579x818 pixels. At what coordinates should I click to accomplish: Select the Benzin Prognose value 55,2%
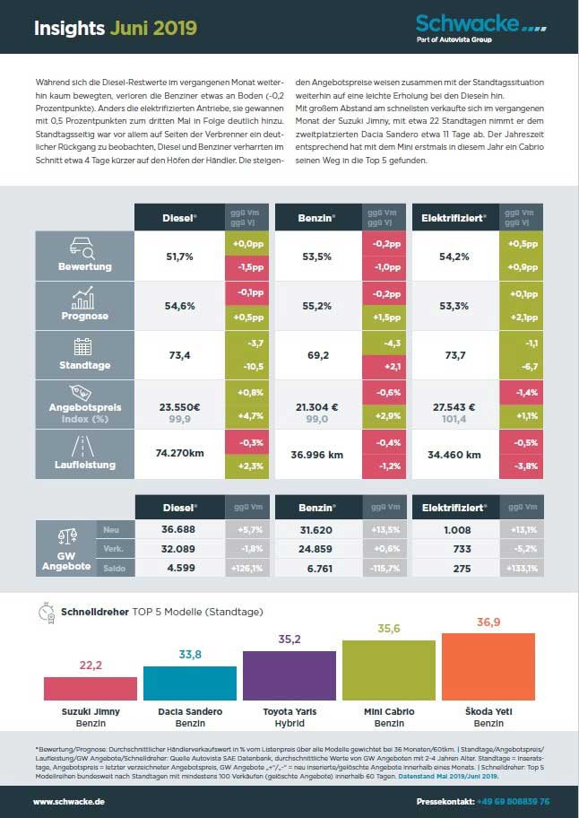point(318,305)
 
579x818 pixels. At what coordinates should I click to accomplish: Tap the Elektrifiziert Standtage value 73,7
point(456,355)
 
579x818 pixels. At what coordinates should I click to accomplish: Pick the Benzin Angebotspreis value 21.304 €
point(318,404)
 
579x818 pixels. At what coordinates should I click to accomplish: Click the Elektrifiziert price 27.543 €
point(456,404)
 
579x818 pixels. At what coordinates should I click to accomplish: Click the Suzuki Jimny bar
point(78,688)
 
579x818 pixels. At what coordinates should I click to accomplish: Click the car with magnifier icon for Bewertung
point(83,247)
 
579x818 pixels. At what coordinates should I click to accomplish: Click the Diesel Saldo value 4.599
point(177,568)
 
